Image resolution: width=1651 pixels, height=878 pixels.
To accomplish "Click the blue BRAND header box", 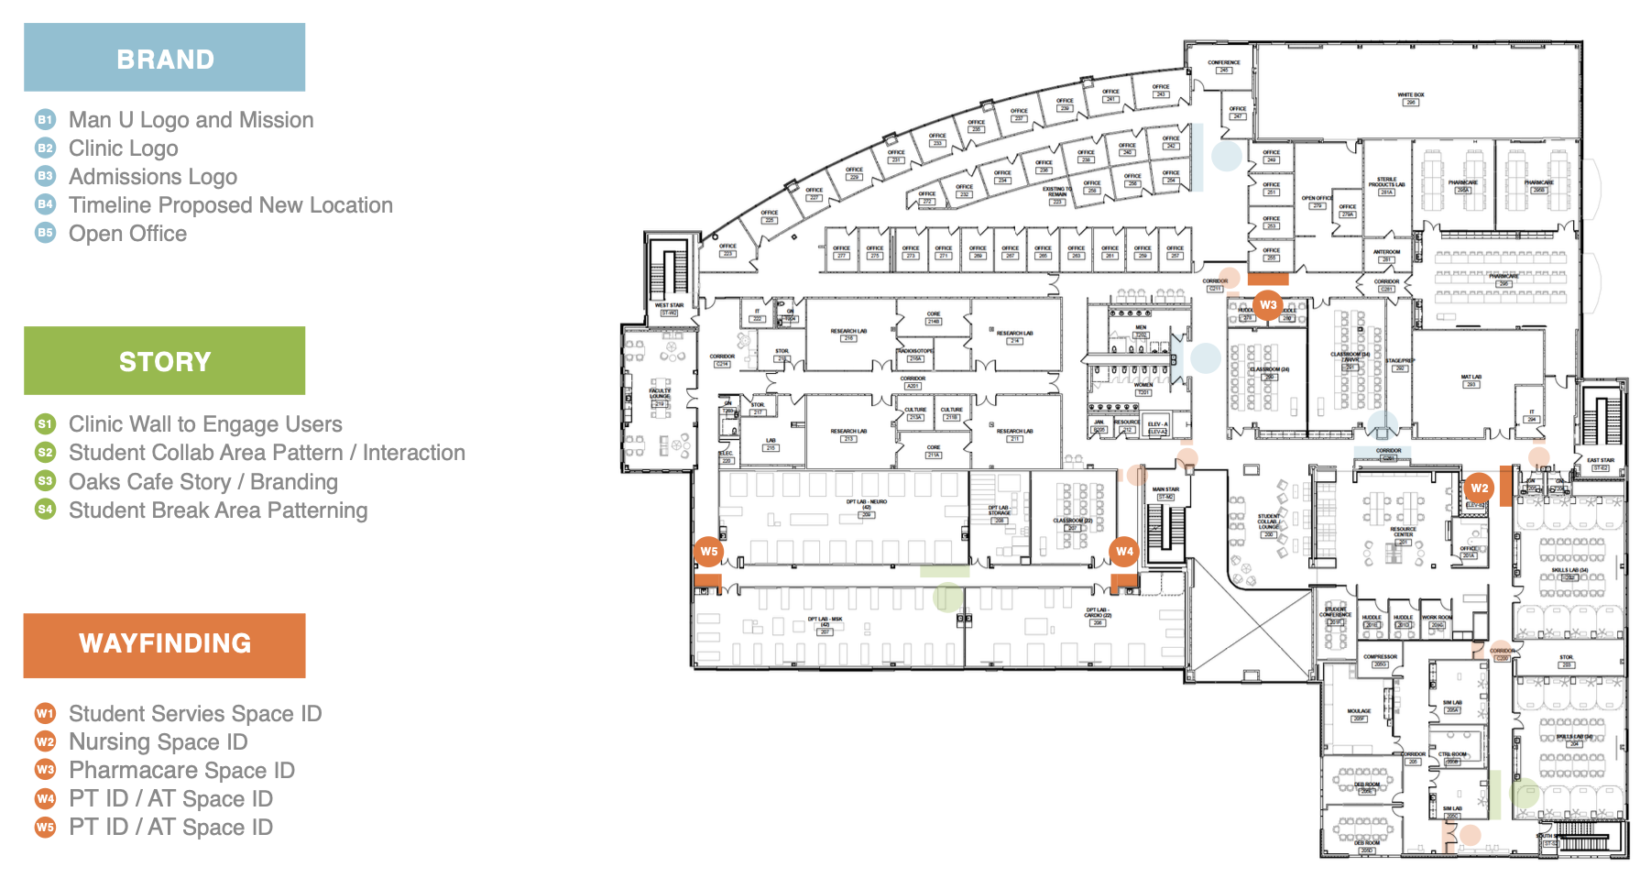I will click(165, 58).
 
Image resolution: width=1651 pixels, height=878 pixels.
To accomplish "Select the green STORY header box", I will click(165, 361).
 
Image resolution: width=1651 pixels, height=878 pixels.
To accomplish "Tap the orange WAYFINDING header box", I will click(165, 644).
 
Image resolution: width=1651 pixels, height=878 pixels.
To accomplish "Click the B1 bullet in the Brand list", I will click(45, 120).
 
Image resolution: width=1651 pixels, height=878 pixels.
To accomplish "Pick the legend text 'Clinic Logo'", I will click(124, 148).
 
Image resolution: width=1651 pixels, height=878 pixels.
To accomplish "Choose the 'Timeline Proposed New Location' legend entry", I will click(231, 205).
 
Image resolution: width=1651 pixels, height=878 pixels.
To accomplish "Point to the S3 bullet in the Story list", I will click(45, 481).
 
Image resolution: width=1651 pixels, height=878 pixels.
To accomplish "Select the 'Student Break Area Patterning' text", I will click(218, 510).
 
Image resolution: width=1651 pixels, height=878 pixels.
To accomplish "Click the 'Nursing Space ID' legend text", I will click(159, 741).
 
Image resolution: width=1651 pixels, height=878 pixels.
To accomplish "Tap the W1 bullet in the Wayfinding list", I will click(45, 713).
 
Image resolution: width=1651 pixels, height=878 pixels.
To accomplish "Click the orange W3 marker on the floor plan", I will click(1268, 305).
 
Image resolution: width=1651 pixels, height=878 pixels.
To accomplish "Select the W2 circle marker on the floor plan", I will click(1480, 488).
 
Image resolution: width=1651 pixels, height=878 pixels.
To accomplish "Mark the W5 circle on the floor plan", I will click(709, 551).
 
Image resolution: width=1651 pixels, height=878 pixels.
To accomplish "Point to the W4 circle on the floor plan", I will click(1124, 551).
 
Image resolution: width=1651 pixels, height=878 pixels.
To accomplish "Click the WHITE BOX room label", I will click(1411, 95).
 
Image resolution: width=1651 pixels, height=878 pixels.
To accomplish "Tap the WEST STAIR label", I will click(669, 306).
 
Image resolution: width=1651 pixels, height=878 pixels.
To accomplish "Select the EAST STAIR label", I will click(1601, 460).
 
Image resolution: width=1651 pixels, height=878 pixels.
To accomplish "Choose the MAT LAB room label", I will click(1471, 377).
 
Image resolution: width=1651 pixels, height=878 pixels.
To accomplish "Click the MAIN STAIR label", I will click(1165, 490).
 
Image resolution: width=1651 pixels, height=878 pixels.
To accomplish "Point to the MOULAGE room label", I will click(1359, 711).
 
